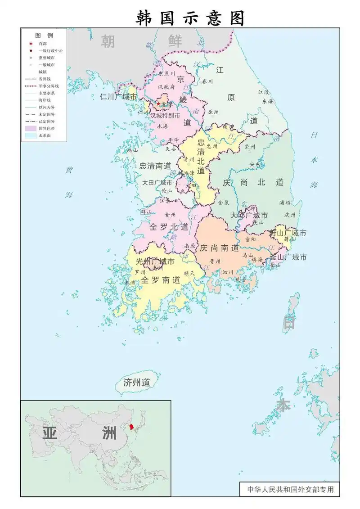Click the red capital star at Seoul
[158, 104]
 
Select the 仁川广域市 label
[119, 97]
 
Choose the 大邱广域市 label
[249, 215]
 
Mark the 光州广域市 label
[156, 261]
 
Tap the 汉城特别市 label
[165, 116]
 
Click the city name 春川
[207, 82]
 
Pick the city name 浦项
[285, 203]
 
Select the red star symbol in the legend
[31, 44]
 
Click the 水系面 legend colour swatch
[31, 135]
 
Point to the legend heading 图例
[44, 35]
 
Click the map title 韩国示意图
[191, 18]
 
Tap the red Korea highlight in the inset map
[131, 426]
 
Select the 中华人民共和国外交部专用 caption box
[290, 489]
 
